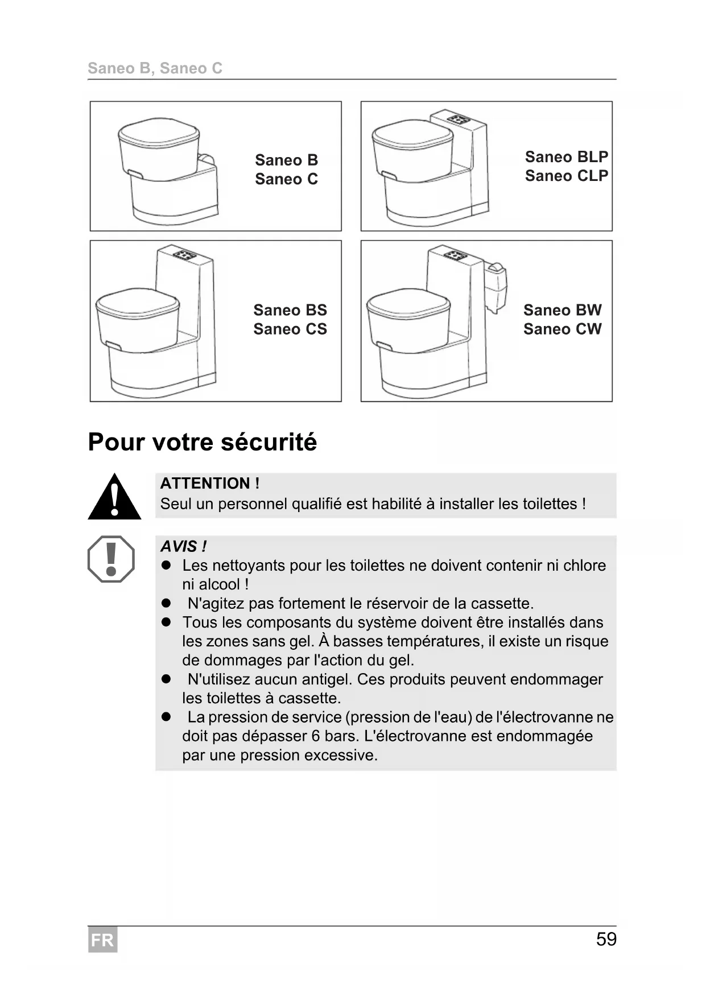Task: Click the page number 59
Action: (x=606, y=939)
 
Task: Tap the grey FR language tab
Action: (x=102, y=940)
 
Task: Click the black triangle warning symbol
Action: (x=114, y=497)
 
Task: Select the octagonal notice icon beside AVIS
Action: (x=111, y=559)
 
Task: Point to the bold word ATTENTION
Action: (x=205, y=483)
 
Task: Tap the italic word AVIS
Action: (x=179, y=546)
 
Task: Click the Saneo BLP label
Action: (x=566, y=156)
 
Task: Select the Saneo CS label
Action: (x=290, y=329)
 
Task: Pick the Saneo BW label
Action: (x=562, y=310)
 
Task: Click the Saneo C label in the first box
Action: (x=286, y=179)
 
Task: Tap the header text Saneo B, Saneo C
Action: (x=155, y=68)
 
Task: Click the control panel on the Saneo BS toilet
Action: (x=184, y=254)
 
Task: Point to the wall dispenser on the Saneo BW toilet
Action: (x=495, y=287)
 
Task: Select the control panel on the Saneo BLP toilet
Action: (x=459, y=119)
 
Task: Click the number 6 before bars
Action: (x=316, y=736)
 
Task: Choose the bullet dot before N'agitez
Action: (x=166, y=603)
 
